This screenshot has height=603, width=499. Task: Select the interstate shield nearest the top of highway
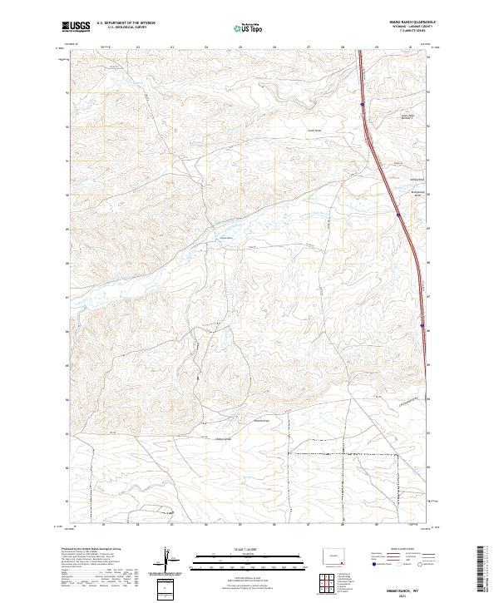[363, 105]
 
